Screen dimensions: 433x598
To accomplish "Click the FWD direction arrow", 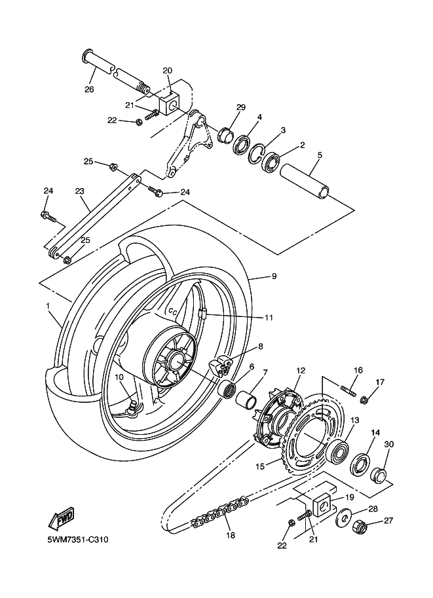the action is point(61,519).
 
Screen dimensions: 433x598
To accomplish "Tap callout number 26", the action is point(89,90).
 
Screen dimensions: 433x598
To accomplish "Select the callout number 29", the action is point(240,107).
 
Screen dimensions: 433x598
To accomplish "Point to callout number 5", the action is point(320,155).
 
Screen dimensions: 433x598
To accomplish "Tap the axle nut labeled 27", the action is point(359,529).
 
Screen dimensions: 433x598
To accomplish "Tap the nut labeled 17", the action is point(365,400).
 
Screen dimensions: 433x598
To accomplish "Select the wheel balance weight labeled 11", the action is point(202,314).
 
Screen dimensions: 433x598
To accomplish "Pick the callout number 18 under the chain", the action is point(231,536).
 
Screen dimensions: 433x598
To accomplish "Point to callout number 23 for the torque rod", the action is point(79,191).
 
